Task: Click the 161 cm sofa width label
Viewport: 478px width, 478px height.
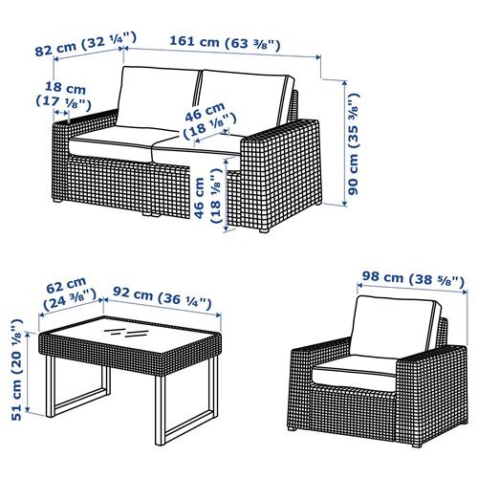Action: point(225,43)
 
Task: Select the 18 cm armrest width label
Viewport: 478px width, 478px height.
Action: point(64,95)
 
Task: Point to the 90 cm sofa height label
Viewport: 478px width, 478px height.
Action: point(354,143)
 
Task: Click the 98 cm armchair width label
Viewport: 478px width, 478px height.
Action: point(413,279)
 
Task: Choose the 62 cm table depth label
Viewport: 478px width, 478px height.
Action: point(70,294)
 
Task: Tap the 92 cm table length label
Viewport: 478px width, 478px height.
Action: point(163,297)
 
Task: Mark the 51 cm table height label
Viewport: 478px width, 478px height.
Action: point(16,370)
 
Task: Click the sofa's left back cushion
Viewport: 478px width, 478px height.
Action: point(159,98)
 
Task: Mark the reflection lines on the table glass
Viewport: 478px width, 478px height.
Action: point(125,332)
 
